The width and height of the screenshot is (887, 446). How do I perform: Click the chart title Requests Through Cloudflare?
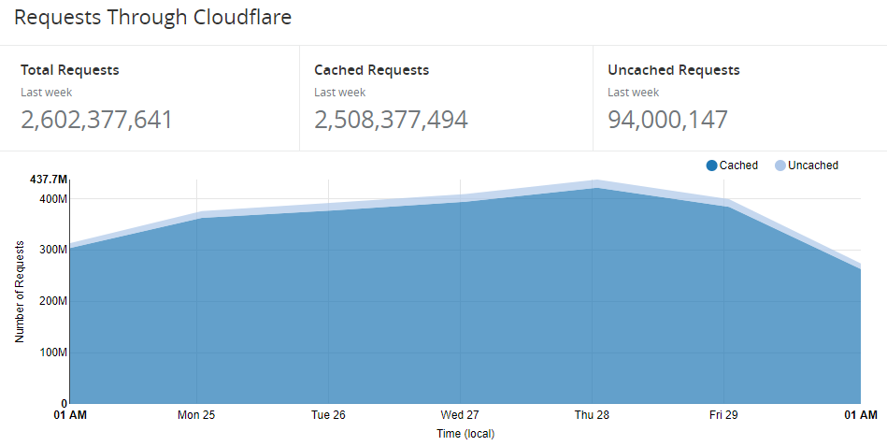[153, 18]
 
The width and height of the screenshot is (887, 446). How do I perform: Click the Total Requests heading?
[70, 70]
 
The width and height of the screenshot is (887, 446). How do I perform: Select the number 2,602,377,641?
[96, 120]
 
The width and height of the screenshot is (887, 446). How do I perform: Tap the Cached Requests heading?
[371, 70]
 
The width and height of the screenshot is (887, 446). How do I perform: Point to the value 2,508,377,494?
[391, 120]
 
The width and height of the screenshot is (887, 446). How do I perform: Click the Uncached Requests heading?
[673, 70]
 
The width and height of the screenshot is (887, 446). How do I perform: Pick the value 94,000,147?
[667, 120]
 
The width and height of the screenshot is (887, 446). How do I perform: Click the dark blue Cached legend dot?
[712, 165]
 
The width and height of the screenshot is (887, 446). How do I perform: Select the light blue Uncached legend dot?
[780, 165]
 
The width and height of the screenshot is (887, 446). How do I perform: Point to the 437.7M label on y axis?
[49, 179]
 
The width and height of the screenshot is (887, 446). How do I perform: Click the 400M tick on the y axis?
[52, 199]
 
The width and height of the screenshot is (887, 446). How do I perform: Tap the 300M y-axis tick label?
[52, 250]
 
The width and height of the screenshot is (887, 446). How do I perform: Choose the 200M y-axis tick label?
[52, 301]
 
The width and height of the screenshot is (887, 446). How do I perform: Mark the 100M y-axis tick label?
[52, 352]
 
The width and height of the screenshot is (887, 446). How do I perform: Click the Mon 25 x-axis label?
[196, 414]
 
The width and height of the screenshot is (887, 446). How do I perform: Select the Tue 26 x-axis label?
[328, 414]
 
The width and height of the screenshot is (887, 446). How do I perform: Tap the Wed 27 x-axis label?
[460, 414]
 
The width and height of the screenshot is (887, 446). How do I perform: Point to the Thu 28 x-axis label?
[592, 414]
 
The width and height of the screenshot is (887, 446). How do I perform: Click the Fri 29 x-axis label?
[723, 414]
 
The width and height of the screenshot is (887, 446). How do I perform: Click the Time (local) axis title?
[465, 434]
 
